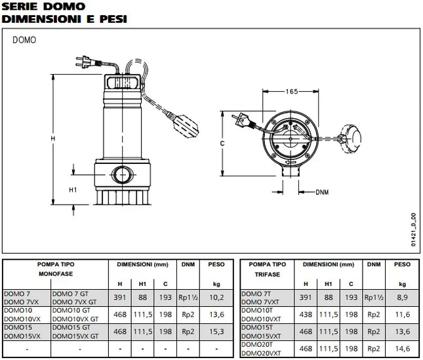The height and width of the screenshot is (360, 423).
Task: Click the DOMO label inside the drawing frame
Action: coord(24,39)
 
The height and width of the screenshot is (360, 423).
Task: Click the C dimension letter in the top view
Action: coord(222,142)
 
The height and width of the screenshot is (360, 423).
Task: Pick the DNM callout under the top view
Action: coord(322,192)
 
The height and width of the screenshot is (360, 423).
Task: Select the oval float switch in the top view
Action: coord(357,137)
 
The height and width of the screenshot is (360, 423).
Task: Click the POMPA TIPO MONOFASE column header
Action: coord(56,270)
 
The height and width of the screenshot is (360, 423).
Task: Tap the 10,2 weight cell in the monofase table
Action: coord(217,297)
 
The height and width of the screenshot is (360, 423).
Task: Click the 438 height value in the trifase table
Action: coord(306,314)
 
